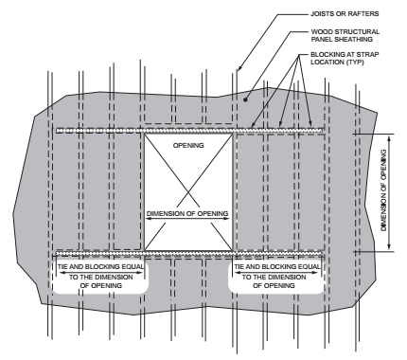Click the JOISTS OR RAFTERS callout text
coord(345,14)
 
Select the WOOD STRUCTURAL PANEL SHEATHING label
coord(345,35)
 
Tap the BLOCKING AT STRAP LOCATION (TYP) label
coord(345,58)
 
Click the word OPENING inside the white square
coord(188,146)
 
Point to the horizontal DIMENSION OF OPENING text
coord(187,214)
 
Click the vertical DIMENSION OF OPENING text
coord(383,190)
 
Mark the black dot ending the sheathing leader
coord(245,99)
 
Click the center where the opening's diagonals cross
coord(188,192)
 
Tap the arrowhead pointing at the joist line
coord(239,67)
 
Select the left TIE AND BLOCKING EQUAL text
coord(100,267)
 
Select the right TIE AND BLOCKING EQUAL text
coord(277,267)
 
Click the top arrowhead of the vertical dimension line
coord(389,137)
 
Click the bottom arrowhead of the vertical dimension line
coord(389,247)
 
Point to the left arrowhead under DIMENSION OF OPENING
coord(150,219)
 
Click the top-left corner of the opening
coord(145,134)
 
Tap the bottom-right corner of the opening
coord(233,251)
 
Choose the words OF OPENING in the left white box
coord(101,286)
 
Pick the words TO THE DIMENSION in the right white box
coord(274,278)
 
